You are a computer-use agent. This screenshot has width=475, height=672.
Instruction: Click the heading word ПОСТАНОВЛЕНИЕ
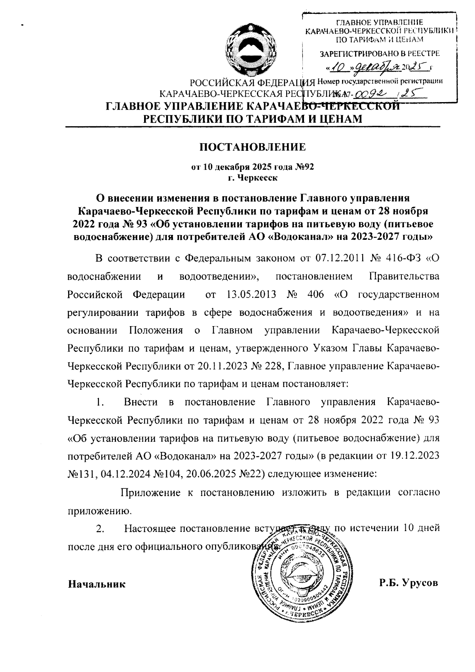pyautogui.click(x=252, y=148)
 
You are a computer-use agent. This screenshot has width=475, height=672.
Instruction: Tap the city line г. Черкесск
pyautogui.click(x=253, y=177)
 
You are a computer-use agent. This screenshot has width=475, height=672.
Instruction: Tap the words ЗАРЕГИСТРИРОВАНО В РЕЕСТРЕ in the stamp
pyautogui.click(x=379, y=53)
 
